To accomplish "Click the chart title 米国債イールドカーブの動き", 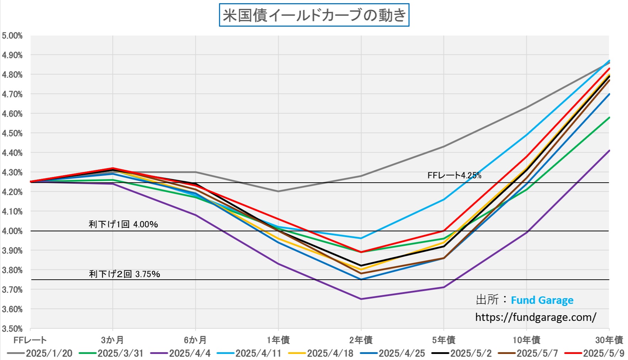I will click(x=314, y=15).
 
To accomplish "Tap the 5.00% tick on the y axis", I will click(x=12, y=36).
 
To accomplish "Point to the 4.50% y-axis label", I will click(x=12, y=133).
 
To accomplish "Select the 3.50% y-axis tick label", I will click(x=12, y=329).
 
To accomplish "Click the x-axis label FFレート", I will click(x=30, y=340).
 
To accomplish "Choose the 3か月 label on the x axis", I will click(x=112, y=340).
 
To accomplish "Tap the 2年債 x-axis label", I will click(x=361, y=340).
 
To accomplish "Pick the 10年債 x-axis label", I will click(x=526, y=340).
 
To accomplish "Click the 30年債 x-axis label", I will click(x=609, y=340).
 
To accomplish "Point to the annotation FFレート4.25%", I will click(x=454, y=175).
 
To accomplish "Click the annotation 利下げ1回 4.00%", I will click(x=123, y=224).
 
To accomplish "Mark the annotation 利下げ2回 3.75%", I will click(x=124, y=274).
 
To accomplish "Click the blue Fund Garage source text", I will click(x=542, y=300).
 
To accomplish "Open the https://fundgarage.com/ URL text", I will click(x=536, y=317).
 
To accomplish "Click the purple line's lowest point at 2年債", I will click(x=361, y=299).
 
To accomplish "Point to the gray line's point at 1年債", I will click(x=278, y=191).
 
